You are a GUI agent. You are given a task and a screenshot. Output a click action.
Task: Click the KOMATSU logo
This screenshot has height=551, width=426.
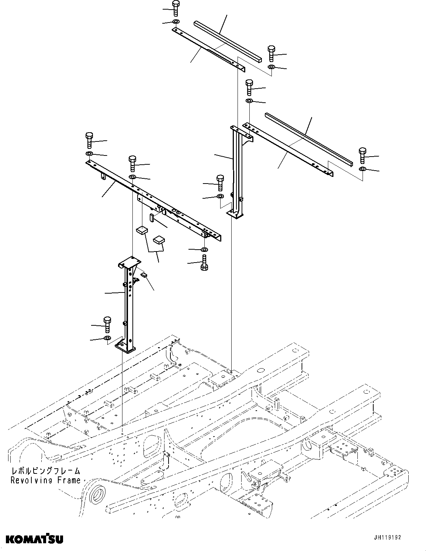pos(34,539)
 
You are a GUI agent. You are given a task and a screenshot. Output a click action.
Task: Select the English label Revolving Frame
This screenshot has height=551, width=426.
pos(45,480)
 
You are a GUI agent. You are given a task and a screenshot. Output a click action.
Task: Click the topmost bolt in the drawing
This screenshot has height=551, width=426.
pos(176,8)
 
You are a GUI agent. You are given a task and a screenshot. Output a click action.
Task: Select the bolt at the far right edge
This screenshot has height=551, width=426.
pos(363,155)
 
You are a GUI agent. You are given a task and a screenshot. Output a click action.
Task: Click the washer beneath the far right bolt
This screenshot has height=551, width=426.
pos(363,169)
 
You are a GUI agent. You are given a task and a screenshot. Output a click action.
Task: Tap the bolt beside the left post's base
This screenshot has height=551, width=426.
pos(107,324)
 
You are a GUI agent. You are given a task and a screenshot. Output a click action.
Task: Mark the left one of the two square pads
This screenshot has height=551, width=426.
pos(141,231)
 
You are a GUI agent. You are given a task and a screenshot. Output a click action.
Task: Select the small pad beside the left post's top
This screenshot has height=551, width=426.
pos(144,274)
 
